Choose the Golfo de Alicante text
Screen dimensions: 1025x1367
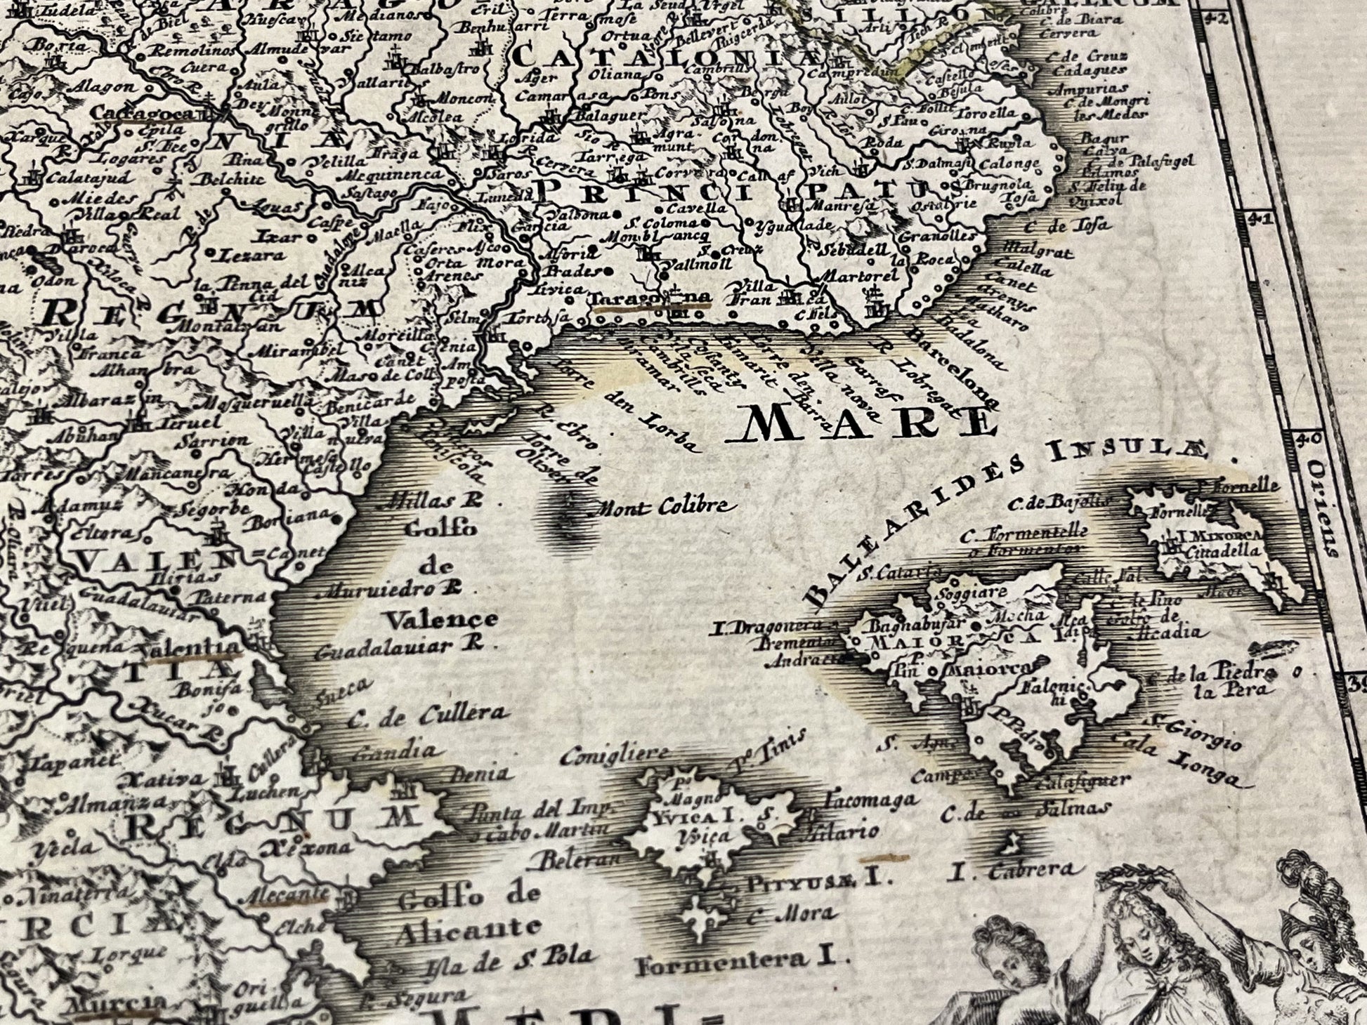pyautogui.click(x=469, y=912)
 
